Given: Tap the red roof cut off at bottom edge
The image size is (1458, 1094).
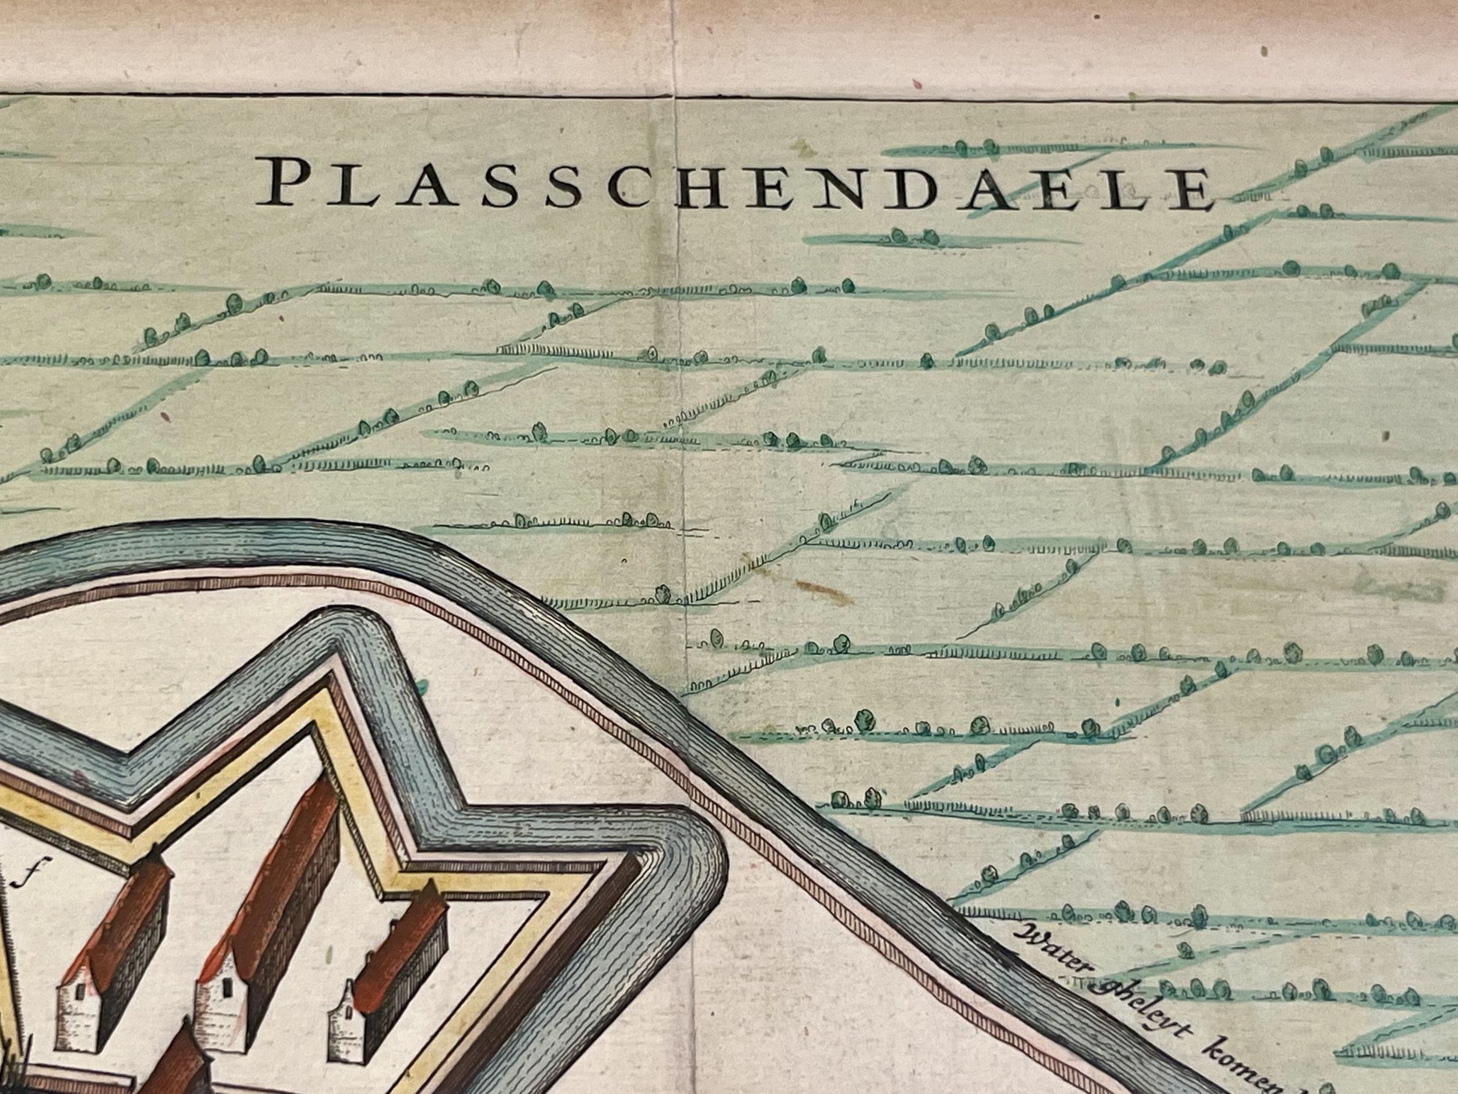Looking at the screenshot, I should [x=176, y=1064].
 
